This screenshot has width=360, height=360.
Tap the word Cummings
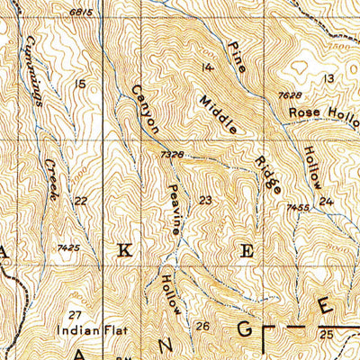tap(36, 60)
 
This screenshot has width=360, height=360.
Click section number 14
tap(208, 68)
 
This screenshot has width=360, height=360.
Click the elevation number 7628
tap(288, 95)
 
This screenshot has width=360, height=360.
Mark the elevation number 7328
tap(172, 156)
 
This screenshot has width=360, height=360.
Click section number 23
tap(206, 200)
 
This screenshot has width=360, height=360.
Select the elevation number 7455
tap(299, 208)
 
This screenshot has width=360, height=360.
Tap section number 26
tap(202, 326)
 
